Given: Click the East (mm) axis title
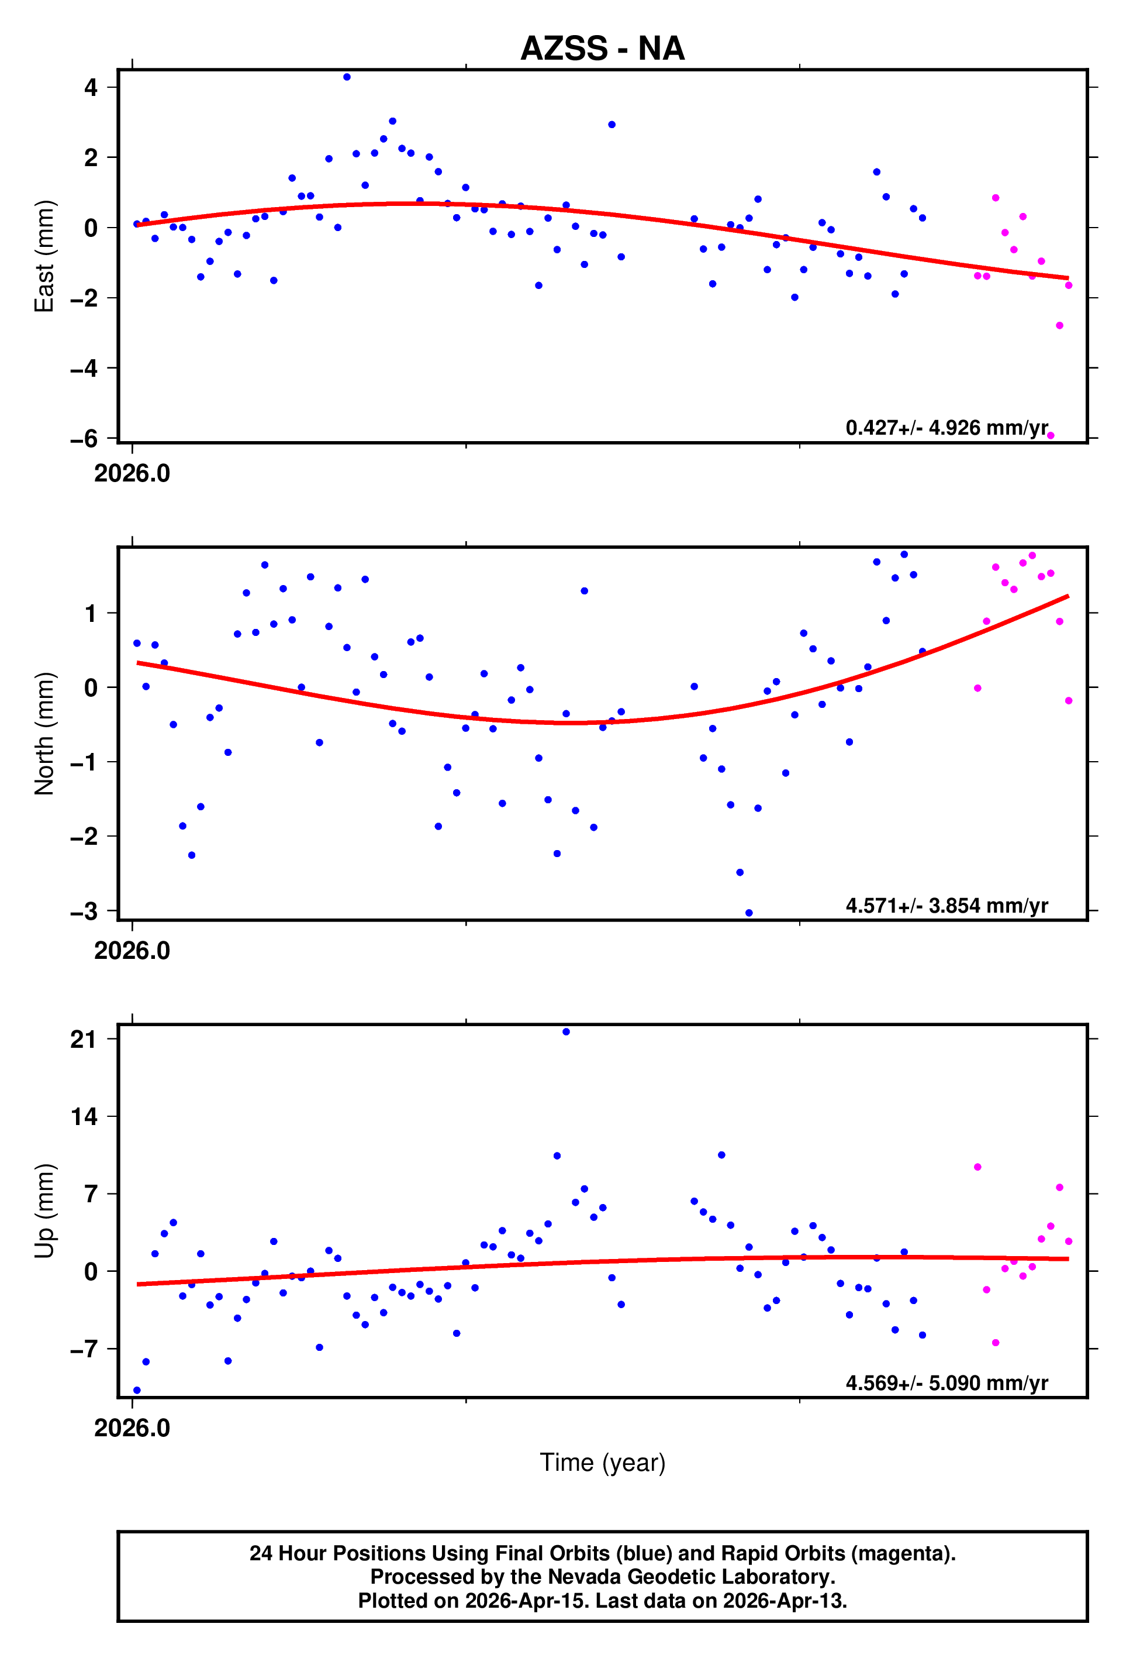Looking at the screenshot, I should (x=44, y=256).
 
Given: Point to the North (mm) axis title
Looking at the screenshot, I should (x=44, y=734).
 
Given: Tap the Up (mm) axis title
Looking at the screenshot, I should (x=44, y=1210).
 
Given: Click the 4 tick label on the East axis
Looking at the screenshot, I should (x=91, y=88).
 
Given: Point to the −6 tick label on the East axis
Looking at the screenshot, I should (x=84, y=439).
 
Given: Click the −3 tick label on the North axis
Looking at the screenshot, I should (x=84, y=911).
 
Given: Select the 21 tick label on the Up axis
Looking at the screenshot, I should (x=84, y=1040).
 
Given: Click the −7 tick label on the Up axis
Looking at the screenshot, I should (x=84, y=1349).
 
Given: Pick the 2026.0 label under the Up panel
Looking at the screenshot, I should (x=132, y=1427).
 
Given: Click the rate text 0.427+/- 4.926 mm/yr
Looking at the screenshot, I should (x=946, y=428).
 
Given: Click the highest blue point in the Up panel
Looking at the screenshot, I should (x=566, y=1031).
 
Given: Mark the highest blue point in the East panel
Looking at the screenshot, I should (x=347, y=77).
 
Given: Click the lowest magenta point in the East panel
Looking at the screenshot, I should (x=1051, y=435).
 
